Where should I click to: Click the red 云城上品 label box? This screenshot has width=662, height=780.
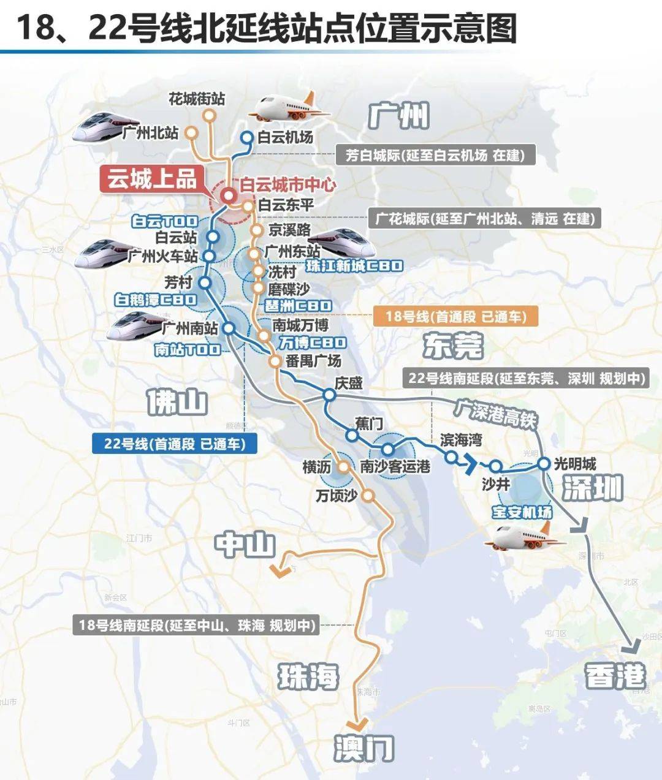coord(153,180)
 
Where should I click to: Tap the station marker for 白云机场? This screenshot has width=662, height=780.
coord(246,138)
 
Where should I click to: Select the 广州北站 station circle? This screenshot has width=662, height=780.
coord(191,132)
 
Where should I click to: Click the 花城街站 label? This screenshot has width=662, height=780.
coord(197,99)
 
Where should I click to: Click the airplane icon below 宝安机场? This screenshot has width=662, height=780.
coord(524,537)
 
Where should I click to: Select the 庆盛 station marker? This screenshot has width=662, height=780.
coord(329,395)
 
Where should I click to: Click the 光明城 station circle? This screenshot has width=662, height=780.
coord(544,464)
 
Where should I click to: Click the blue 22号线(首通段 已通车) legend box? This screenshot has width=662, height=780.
coord(173,444)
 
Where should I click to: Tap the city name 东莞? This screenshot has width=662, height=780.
coord(452,346)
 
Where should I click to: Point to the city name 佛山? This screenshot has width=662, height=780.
coord(177,402)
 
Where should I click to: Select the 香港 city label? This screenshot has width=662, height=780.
coord(615,676)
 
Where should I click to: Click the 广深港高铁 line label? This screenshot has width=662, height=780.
coord(495,412)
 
